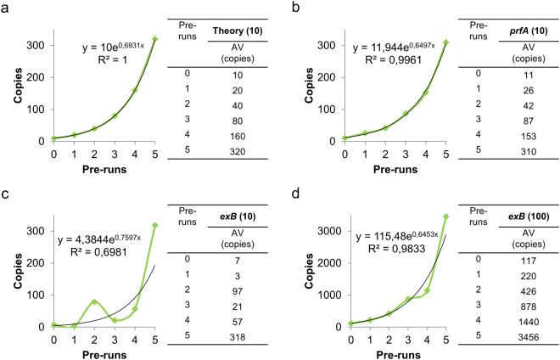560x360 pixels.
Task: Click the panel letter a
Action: [7, 8]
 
